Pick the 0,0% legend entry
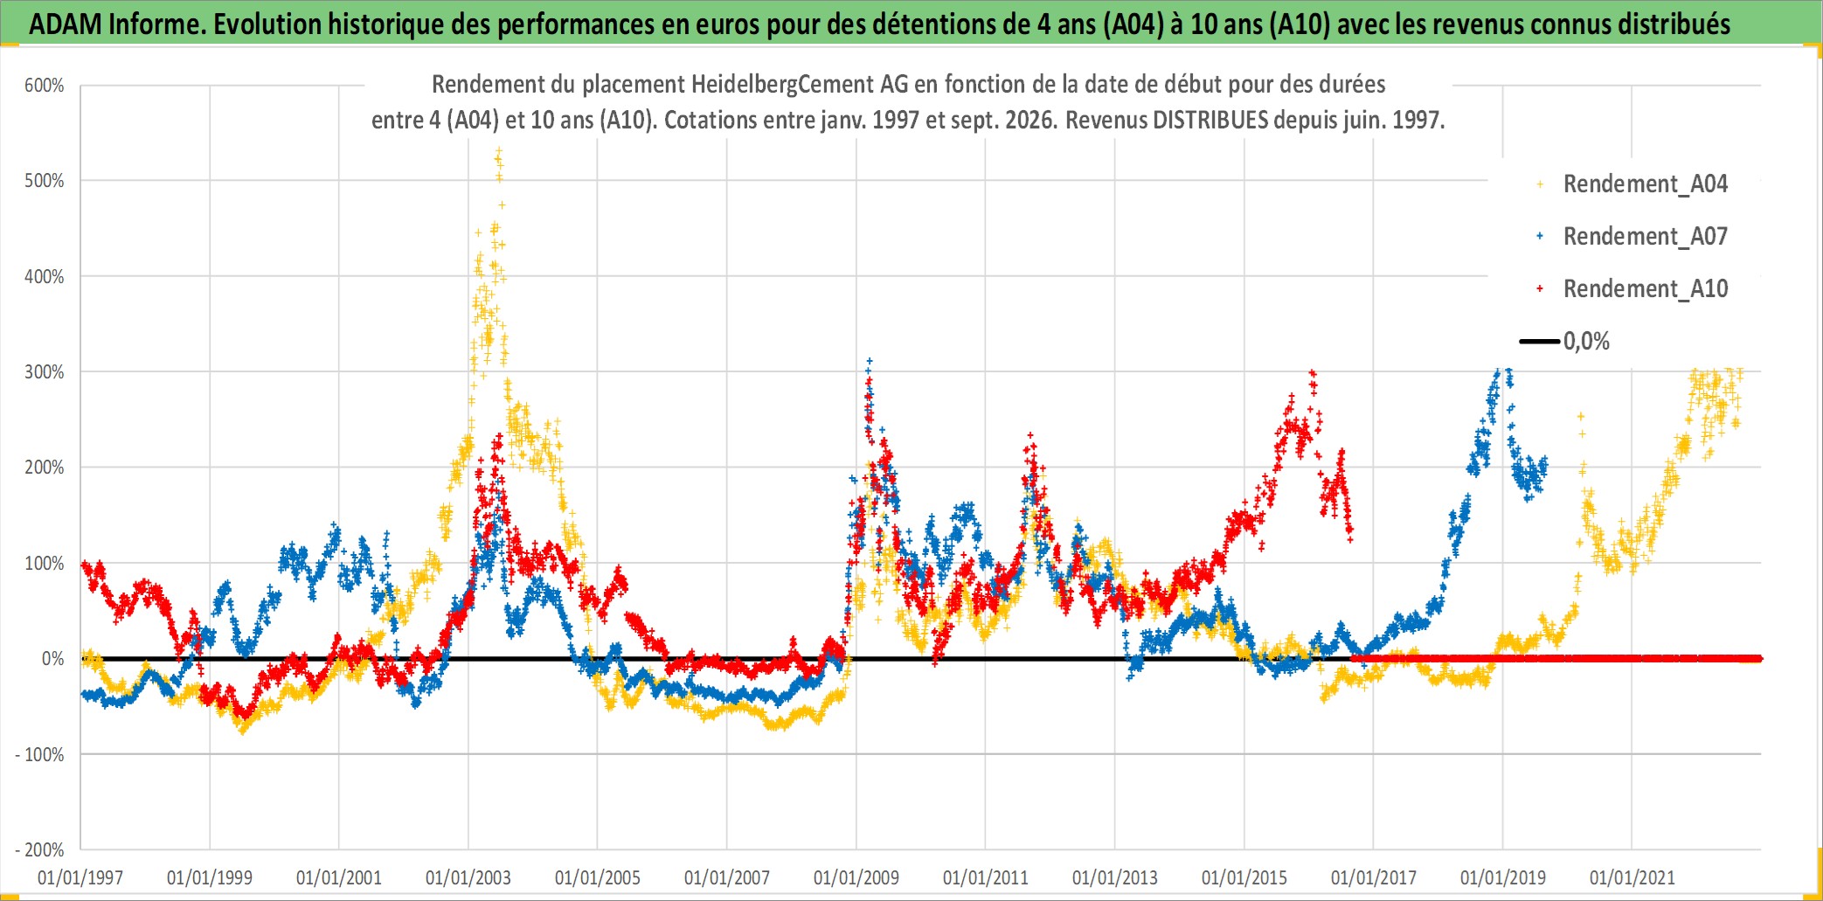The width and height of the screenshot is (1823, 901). pos(1564,341)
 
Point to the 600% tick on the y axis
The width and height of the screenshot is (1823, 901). pos(45,86)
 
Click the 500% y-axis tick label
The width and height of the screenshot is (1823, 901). pos(45,181)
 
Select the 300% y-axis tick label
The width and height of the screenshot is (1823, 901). pos(45,372)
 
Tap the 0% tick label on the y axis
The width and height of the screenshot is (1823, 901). pos(53,659)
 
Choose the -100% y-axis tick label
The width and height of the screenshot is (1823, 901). pos(40,754)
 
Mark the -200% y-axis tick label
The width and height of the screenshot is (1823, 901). pos(40,849)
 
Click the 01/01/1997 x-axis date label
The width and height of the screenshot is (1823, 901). pos(80,877)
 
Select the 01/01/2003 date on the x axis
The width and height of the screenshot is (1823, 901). pos(468,877)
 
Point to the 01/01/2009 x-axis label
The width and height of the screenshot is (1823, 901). pos(856,877)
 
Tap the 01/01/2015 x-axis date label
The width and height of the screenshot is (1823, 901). pos(1244,877)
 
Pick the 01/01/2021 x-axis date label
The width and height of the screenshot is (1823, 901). pos(1632,877)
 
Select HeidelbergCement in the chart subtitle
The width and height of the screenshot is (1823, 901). pos(782,85)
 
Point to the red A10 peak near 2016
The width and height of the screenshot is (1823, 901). pos(1313,374)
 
